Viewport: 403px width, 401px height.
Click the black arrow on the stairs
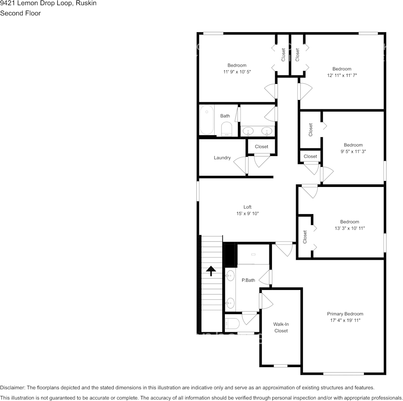[x=211, y=271]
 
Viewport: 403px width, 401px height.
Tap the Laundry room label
[x=222, y=158]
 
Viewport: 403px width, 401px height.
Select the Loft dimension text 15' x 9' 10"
[x=247, y=214]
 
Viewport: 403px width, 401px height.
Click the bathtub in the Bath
[x=207, y=120]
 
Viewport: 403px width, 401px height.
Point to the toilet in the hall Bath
[x=227, y=129]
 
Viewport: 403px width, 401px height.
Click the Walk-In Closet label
[x=281, y=328]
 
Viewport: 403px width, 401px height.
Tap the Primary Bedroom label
[x=345, y=314]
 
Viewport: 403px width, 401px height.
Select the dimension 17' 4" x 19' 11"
[x=345, y=320]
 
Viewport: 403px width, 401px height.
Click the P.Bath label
[x=248, y=280]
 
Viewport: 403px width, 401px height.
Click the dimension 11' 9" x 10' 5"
[x=237, y=72]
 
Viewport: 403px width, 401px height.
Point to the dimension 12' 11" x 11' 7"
[x=342, y=75]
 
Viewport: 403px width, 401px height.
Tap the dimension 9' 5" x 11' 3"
[x=353, y=152]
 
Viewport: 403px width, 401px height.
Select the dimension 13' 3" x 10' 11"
[x=350, y=228]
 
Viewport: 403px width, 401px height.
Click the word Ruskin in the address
[x=86, y=3]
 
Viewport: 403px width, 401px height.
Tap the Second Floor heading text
[x=20, y=14]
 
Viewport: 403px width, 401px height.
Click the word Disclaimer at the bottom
[x=12, y=387]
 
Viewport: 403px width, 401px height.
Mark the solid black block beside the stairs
[x=230, y=255]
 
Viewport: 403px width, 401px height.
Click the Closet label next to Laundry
[x=261, y=147]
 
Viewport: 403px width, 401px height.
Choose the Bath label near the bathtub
[x=225, y=116]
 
